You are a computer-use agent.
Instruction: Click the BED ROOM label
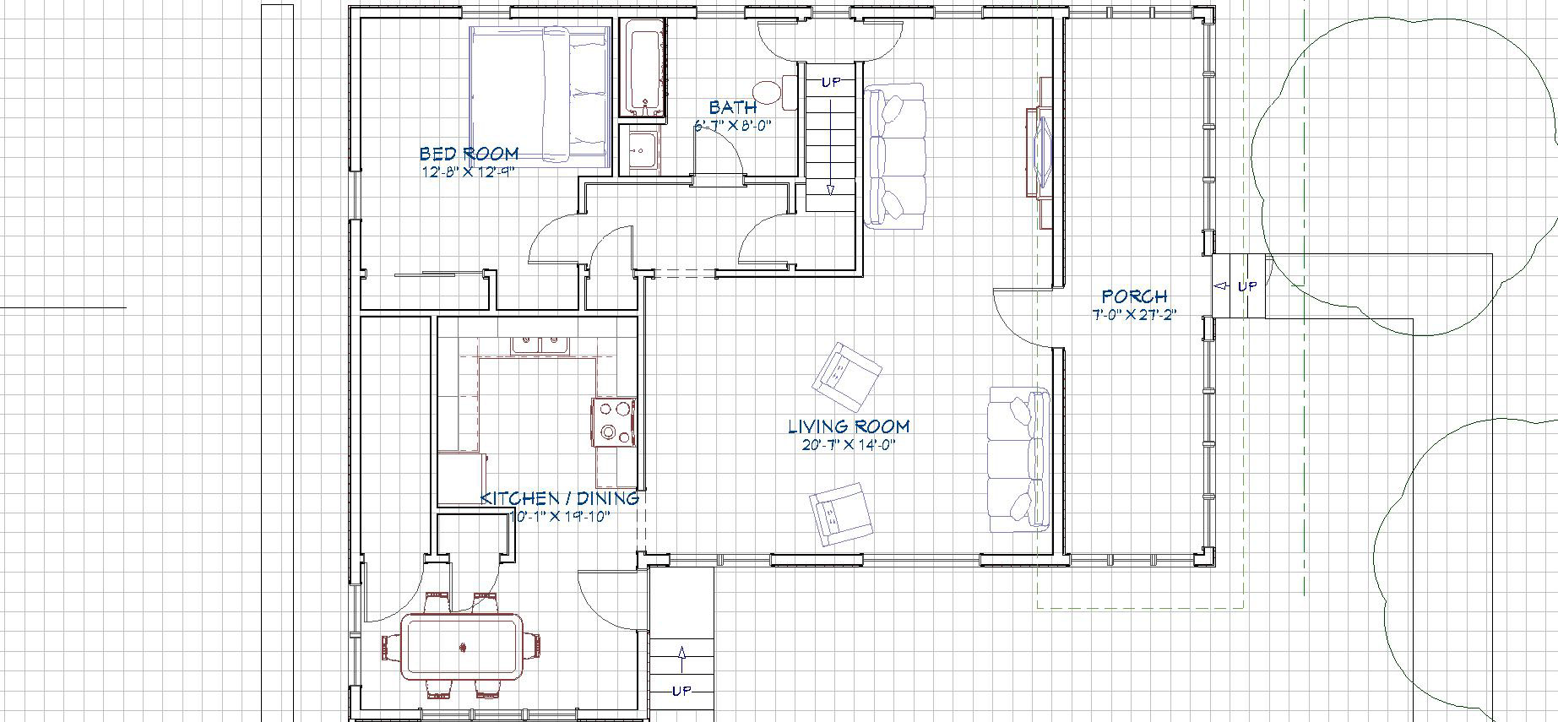pyautogui.click(x=469, y=154)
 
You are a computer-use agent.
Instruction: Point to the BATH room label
pyautogui.click(x=733, y=108)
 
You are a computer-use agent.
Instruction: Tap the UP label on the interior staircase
pyautogui.click(x=831, y=83)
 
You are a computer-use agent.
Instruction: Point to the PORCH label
pyautogui.click(x=1134, y=296)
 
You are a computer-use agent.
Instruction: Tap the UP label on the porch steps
pyautogui.click(x=1246, y=286)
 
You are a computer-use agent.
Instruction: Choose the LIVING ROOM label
pyautogui.click(x=849, y=426)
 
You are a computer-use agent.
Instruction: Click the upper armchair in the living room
pyautogui.click(x=845, y=372)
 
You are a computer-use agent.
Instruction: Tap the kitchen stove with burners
pyautogui.click(x=614, y=421)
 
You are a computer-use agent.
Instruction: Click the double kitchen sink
pyautogui.click(x=539, y=345)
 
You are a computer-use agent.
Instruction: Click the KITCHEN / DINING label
pyautogui.click(x=559, y=498)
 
